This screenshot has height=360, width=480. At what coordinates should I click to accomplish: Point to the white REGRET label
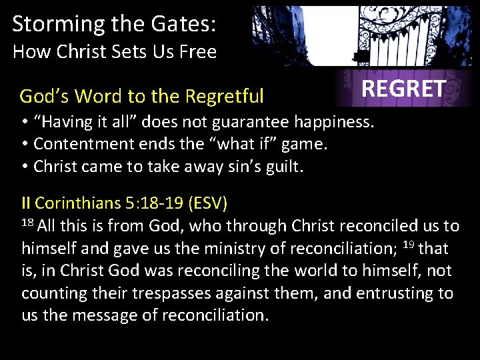(403, 89)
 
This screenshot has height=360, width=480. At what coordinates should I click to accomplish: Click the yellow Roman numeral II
(26, 203)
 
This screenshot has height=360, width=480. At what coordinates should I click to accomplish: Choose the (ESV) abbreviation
(209, 203)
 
